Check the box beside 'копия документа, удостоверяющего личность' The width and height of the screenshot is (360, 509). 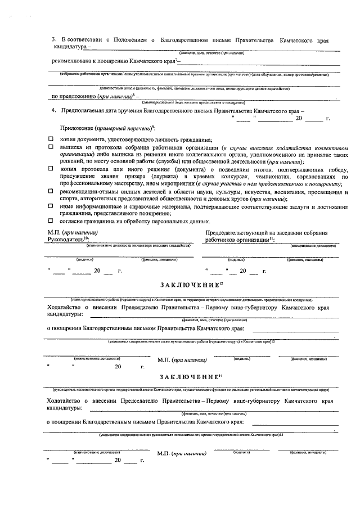pos(50,139)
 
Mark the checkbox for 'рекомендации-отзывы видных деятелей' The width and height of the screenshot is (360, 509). pos(50,191)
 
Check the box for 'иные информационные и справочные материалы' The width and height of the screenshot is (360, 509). pos(50,205)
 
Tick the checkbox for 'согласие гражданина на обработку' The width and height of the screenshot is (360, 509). pos(50,220)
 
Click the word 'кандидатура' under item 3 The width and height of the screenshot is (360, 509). pos(68,48)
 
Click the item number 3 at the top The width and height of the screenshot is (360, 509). pos(53,40)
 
